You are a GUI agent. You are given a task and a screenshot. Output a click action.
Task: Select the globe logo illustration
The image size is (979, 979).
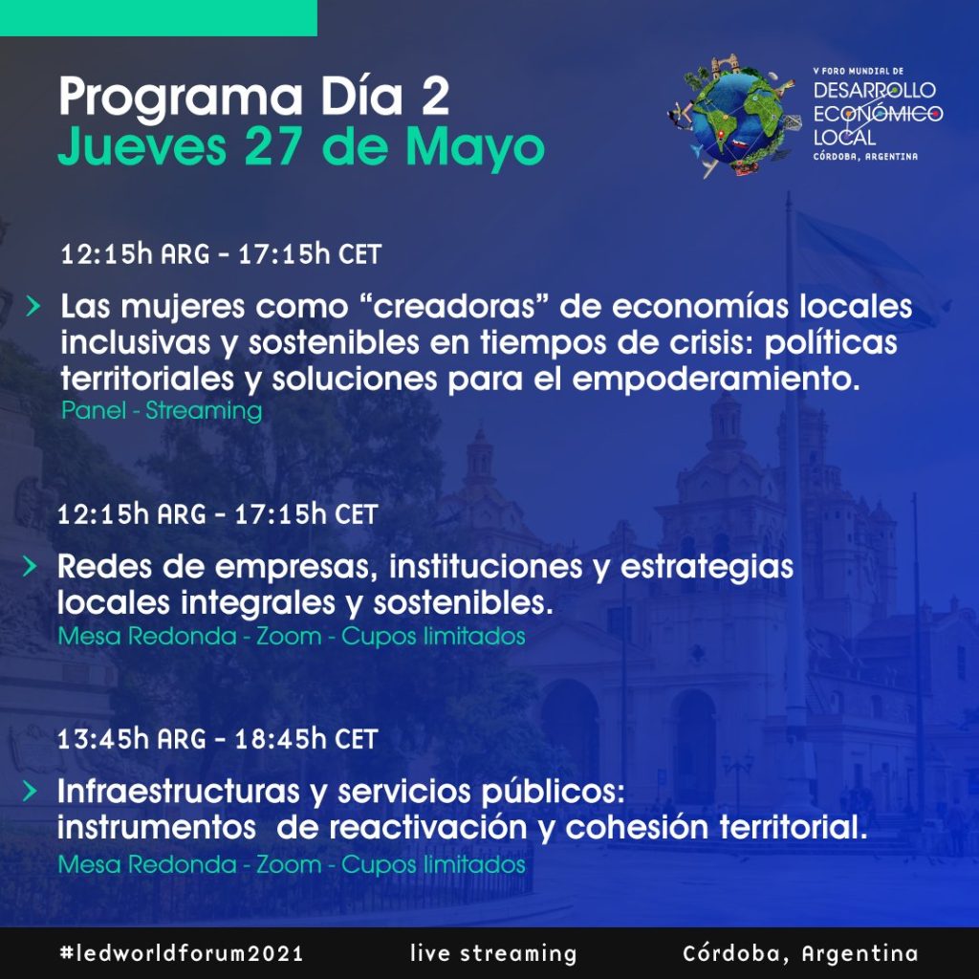(x=735, y=115)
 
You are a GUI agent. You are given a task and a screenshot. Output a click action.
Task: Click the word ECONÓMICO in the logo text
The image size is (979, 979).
(x=878, y=114)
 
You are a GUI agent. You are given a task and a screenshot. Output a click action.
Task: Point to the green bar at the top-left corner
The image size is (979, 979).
(x=159, y=18)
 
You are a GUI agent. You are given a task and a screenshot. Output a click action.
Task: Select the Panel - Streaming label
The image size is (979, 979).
(x=162, y=411)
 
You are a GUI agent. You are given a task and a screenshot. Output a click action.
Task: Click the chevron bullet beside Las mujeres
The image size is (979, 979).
(x=33, y=306)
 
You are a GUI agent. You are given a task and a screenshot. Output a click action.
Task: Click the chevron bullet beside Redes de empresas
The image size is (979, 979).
(x=30, y=566)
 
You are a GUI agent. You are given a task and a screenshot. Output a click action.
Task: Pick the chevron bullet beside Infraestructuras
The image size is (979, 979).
(x=30, y=791)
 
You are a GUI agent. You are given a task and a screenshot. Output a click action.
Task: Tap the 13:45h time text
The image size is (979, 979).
(x=103, y=739)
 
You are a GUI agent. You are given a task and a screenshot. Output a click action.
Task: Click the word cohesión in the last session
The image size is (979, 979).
(x=637, y=828)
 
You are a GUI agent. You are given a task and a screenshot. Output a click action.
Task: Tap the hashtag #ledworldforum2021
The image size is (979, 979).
(x=182, y=953)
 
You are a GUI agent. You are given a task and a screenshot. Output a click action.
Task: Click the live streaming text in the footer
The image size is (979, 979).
(x=493, y=953)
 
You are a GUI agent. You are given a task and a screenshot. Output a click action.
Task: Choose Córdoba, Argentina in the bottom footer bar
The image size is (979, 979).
(x=800, y=953)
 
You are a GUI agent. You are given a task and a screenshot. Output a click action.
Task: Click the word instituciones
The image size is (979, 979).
(x=486, y=566)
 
